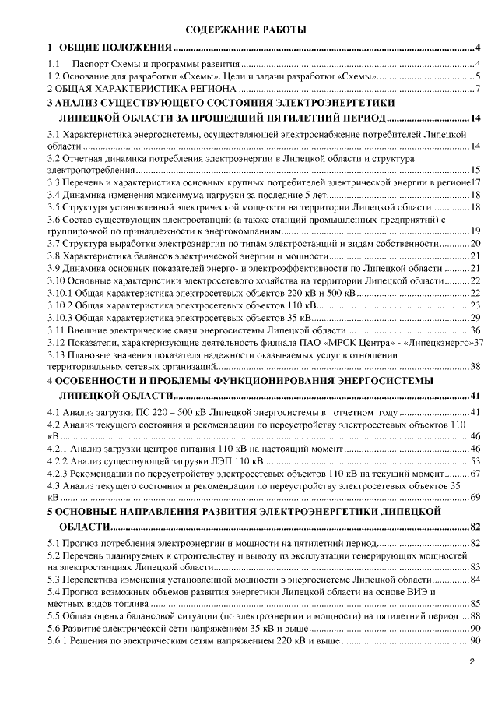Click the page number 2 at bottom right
[472, 663]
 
